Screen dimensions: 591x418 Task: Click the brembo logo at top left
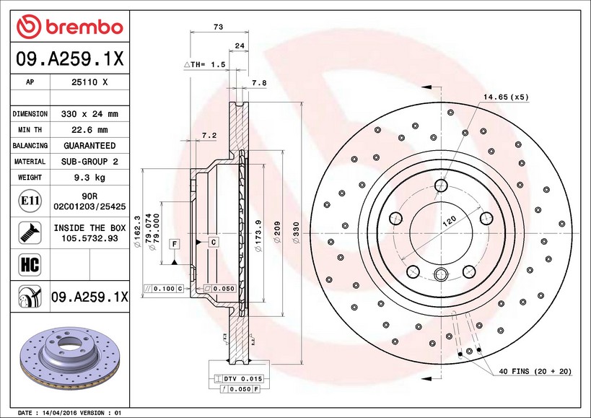(70, 27)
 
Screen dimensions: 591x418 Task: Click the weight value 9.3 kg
(89, 177)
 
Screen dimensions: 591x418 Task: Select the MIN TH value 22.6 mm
(89, 130)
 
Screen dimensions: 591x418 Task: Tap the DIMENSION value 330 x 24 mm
(89, 114)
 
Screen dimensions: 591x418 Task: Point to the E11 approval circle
(30, 201)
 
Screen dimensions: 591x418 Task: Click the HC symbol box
(30, 264)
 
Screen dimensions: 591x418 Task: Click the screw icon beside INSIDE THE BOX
(30, 232)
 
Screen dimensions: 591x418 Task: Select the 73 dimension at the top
(218, 27)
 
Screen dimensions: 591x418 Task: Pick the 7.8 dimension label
(259, 83)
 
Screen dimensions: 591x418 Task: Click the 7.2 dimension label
(209, 135)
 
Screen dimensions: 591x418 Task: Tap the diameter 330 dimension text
(296, 232)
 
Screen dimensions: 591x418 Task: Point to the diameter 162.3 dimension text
(137, 232)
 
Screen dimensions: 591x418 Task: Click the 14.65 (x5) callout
(506, 97)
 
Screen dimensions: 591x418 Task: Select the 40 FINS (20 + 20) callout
(535, 371)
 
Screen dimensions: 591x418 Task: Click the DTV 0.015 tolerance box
(238, 378)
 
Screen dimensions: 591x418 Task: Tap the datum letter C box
(214, 242)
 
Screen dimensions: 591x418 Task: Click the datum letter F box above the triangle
(175, 244)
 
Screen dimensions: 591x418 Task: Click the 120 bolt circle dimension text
(449, 220)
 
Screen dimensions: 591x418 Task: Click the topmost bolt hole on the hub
(441, 186)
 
